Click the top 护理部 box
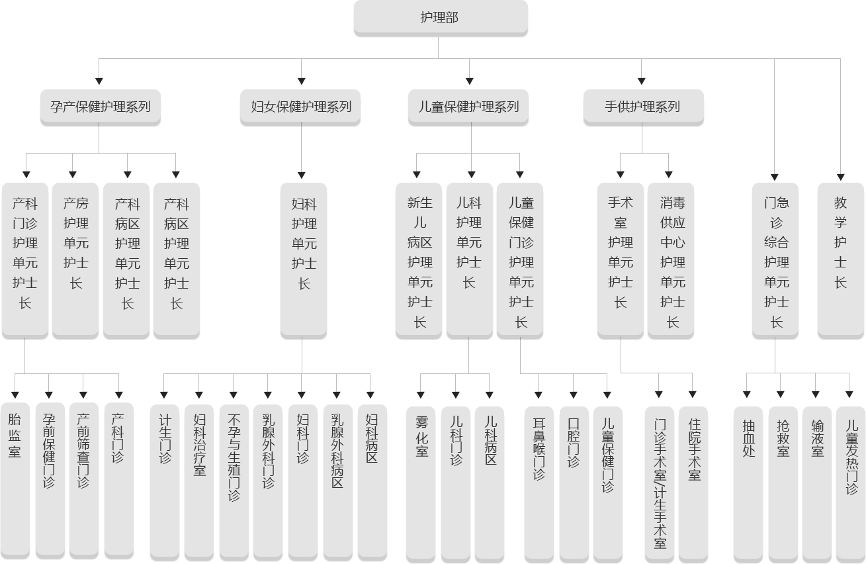(441, 17)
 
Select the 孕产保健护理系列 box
(101, 107)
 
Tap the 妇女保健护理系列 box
(300, 107)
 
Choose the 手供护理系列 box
(643, 107)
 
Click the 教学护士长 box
(840, 260)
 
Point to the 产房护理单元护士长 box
(75, 260)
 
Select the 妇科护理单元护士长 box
(304, 260)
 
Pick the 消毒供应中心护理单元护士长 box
(671, 260)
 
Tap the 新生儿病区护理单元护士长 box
(419, 260)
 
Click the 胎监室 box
(15, 481)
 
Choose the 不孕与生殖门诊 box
(234, 483)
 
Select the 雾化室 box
(421, 484)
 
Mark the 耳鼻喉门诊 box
(539, 484)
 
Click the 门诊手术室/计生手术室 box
(660, 484)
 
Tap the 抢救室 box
(783, 484)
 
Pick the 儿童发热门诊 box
(851, 484)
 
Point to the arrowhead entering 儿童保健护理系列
(469, 81)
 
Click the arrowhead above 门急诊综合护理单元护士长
(775, 177)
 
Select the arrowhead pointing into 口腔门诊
(574, 395)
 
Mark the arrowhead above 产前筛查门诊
(83, 395)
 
